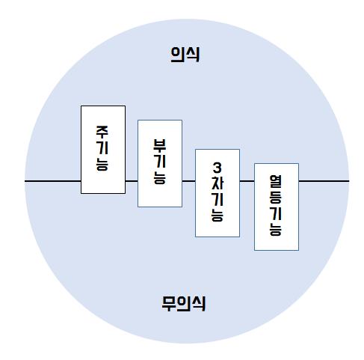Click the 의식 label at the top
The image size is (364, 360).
click(185, 55)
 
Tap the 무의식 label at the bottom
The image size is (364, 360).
click(184, 304)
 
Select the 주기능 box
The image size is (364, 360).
click(103, 150)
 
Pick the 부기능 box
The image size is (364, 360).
click(160, 163)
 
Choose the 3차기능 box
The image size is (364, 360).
click(218, 193)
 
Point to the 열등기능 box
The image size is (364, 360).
click(277, 207)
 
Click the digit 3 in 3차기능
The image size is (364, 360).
click(218, 168)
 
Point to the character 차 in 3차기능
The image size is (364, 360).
click(218, 183)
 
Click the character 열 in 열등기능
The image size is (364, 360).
click(276, 182)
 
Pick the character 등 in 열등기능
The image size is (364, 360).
click(276, 198)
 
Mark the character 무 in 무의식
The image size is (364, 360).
click(169, 304)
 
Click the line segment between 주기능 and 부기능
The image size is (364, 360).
click(132, 181)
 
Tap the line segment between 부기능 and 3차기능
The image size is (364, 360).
click(188, 181)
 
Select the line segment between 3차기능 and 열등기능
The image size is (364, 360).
click(247, 181)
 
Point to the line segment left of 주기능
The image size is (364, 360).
click(52, 181)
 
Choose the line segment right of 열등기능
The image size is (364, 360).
click(324, 181)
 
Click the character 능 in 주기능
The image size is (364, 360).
click(102, 164)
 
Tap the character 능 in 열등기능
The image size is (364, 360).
click(276, 229)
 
